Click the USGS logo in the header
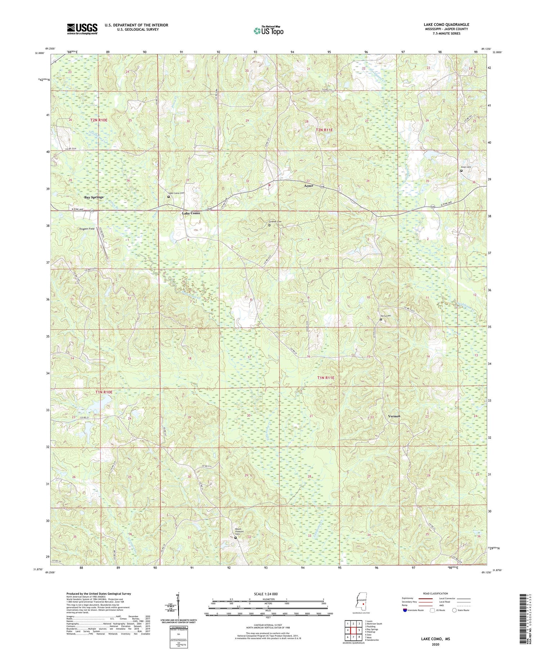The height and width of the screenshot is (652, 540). click(x=82, y=29)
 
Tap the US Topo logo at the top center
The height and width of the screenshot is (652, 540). click(x=268, y=31)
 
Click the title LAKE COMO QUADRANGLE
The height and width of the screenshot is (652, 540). click(x=446, y=24)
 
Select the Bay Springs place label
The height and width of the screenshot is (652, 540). click(x=94, y=197)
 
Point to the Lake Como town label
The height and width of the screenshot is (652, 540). click(x=191, y=213)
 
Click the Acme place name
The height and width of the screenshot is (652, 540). click(x=309, y=186)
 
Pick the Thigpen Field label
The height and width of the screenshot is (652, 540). click(x=86, y=229)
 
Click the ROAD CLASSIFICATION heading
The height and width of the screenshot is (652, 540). click(x=436, y=593)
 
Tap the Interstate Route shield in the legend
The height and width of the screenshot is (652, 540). click(x=405, y=610)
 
